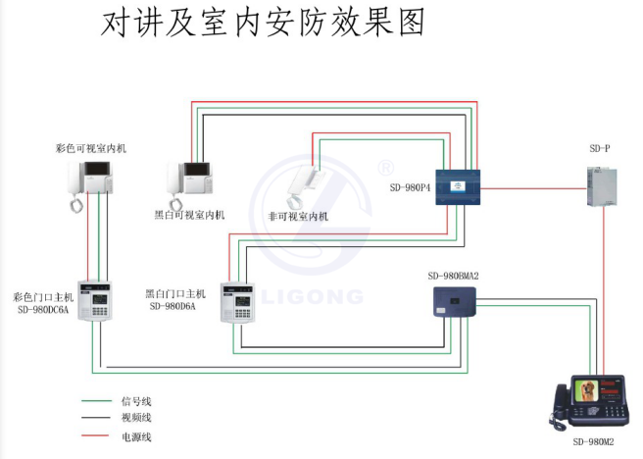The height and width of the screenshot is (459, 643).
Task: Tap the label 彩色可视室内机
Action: click(x=91, y=148)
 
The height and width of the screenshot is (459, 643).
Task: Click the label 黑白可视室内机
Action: click(x=189, y=215)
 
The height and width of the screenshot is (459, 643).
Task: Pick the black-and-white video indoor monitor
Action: click(x=189, y=180)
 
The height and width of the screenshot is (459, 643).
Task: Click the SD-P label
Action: click(x=599, y=148)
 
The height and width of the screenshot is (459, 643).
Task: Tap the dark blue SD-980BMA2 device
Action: click(x=455, y=303)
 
